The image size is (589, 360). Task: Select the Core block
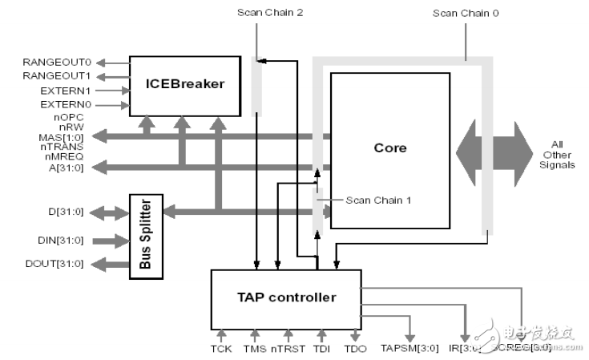click(390, 149)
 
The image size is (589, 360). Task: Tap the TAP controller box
click(284, 297)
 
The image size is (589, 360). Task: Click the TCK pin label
click(221, 350)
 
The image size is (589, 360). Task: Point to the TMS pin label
click(254, 350)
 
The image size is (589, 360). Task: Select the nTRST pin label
click(288, 350)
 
